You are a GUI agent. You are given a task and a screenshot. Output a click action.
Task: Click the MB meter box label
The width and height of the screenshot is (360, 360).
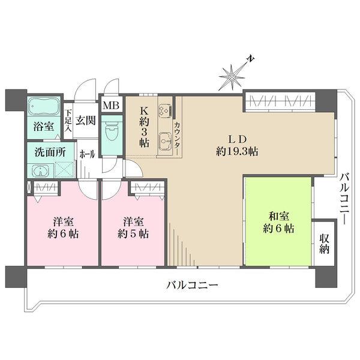coord(111,106)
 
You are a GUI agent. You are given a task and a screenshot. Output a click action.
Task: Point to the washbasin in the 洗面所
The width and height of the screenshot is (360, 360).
coord(41,170)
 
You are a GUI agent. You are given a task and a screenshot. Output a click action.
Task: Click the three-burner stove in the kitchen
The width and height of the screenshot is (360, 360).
coord(165,110)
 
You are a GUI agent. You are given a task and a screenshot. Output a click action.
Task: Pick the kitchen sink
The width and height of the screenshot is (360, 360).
coord(165,142)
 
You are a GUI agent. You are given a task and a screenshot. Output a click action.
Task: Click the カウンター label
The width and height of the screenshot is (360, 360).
coord(177,138)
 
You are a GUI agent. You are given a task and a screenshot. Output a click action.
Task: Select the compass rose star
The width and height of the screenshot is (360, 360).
coord(232,77)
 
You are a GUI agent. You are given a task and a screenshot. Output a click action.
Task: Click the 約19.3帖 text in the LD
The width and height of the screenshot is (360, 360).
coord(237,152)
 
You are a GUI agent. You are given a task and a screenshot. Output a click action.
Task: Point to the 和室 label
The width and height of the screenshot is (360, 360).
coord(279,216)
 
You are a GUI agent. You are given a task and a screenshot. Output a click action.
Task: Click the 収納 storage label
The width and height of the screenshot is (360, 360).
coord(324,244)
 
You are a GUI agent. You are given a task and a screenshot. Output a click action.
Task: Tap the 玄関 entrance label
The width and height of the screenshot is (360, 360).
coord(85,121)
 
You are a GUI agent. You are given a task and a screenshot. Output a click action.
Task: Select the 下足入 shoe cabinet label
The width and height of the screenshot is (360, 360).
coord(68,121)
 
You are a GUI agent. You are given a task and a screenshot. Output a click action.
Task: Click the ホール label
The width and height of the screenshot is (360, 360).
coord(87,154)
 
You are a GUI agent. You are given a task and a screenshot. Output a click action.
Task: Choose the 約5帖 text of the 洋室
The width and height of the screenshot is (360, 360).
coord(133,234)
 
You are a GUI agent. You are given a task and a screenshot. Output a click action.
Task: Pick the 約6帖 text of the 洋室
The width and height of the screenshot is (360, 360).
coord(63,234)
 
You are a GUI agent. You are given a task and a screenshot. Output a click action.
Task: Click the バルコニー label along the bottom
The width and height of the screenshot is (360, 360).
coord(192,286)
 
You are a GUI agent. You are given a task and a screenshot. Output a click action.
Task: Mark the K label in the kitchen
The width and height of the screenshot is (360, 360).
coord(144,111)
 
